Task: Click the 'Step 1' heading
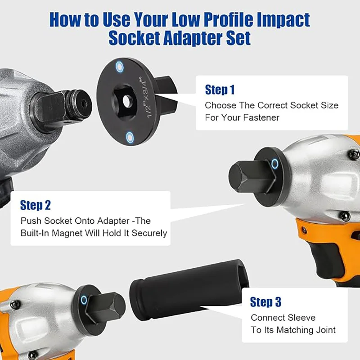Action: (220, 90)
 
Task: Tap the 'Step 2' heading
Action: (36, 205)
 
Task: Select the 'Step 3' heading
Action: (265, 301)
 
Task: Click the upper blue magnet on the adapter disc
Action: (119, 67)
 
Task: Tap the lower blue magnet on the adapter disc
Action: (130, 137)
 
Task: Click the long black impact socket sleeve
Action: (189, 289)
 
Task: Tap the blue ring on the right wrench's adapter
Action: (274, 164)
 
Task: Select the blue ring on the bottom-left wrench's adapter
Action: (84, 300)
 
